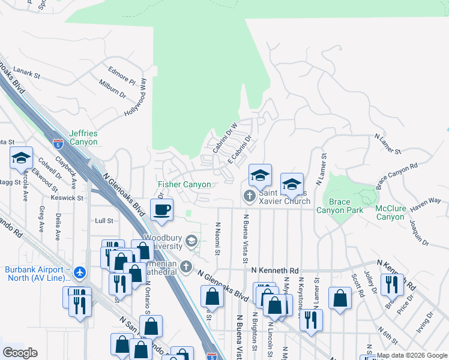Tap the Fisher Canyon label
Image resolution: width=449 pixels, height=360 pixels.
click(184, 185)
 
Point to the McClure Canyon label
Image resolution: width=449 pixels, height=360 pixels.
click(391, 212)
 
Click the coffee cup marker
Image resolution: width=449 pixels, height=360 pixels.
click(161, 211)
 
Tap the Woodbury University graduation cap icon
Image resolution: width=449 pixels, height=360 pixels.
click(191, 241)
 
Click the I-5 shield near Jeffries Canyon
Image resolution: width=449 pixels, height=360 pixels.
click(58, 144)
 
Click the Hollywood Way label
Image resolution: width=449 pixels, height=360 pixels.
click(136, 97)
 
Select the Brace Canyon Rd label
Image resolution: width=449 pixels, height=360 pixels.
click(396, 176)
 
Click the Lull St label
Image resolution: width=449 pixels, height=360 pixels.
click(104, 221)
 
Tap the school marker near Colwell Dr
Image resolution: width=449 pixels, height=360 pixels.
click(21, 158)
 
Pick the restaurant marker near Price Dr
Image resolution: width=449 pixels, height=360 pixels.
click(392, 284)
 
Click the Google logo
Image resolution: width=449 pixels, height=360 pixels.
click(20, 353)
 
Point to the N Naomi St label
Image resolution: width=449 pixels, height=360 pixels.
click(217, 238)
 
